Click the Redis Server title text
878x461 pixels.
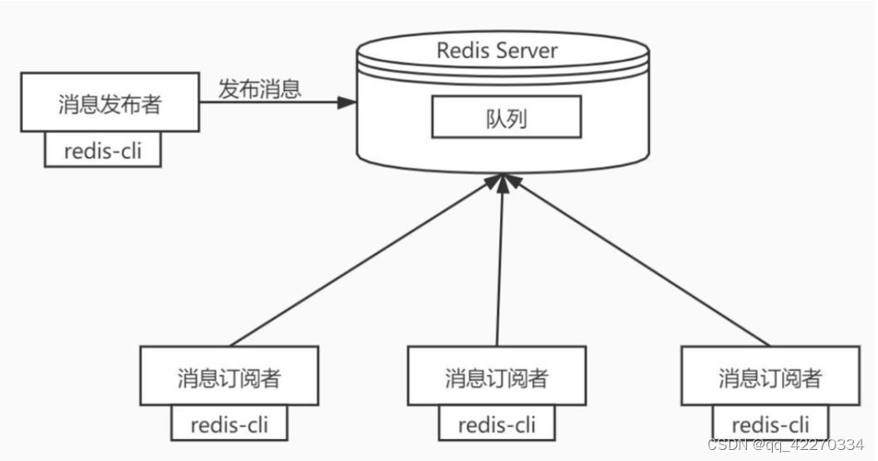pyautogui.click(x=497, y=49)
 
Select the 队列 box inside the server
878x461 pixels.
pyautogui.click(x=506, y=118)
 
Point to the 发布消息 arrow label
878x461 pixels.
pyautogui.click(x=259, y=89)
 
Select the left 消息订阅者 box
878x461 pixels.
pyautogui.click(x=229, y=376)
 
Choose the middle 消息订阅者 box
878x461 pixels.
pyautogui.click(x=496, y=376)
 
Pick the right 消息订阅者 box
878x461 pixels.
pyautogui.click(x=770, y=376)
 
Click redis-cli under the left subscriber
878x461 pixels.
pyautogui.click(x=229, y=424)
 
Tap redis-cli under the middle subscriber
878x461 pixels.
pyautogui.click(x=497, y=424)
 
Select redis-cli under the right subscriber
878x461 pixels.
pyautogui.click(x=770, y=424)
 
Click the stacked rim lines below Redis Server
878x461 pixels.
pyautogui.click(x=507, y=73)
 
